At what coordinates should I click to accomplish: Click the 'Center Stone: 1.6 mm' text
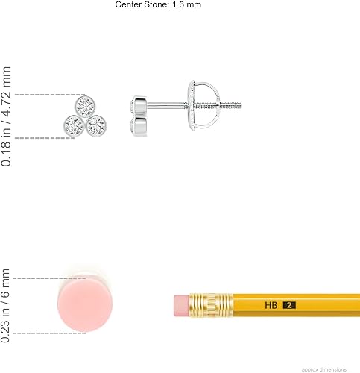[x=158, y=4]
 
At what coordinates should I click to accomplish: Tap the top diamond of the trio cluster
[x=85, y=107]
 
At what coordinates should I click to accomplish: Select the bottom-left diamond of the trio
[x=74, y=125]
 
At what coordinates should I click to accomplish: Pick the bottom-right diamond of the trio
[x=97, y=125]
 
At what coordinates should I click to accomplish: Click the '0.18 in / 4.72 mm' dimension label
[x=6, y=116]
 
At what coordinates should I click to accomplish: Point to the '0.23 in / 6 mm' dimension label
[x=5, y=306]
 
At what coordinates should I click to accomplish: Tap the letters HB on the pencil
[x=271, y=305]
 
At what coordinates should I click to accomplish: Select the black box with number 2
[x=289, y=305]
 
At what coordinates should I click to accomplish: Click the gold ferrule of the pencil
[x=211, y=305]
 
